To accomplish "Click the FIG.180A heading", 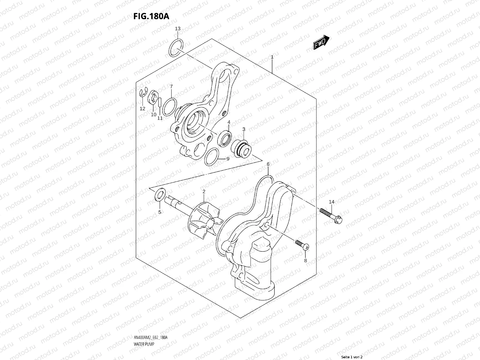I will [151, 16].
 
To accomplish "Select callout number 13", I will [178, 29].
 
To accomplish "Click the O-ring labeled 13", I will [176, 48].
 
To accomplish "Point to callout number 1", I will [272, 57].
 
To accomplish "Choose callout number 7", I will [171, 87].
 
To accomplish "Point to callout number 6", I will [268, 164].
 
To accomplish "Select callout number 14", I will [331, 202].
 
